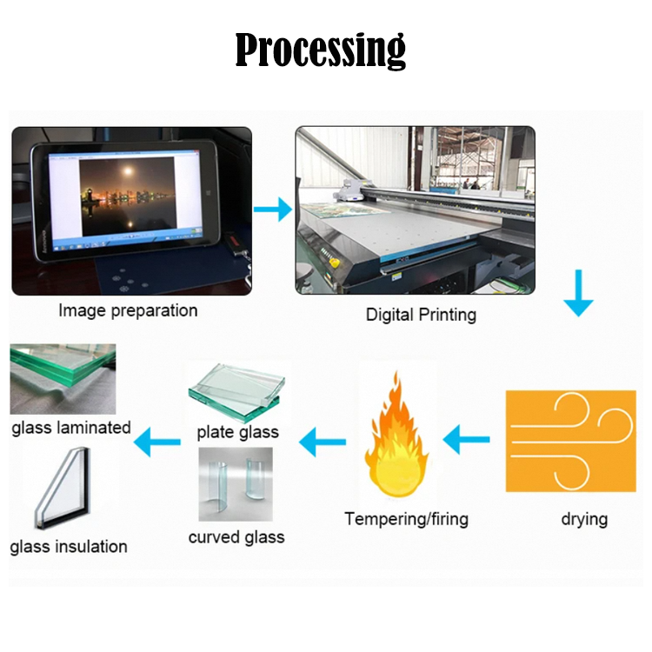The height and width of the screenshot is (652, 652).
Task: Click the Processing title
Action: click(321, 50)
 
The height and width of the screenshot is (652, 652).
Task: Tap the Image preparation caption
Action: click(128, 310)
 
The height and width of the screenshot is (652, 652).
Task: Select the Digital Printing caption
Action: click(421, 314)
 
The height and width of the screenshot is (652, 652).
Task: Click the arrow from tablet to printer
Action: click(273, 209)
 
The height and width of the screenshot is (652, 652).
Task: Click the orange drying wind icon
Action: click(570, 442)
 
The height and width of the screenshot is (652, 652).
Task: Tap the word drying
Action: click(583, 519)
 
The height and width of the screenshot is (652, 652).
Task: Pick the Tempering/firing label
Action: click(406, 519)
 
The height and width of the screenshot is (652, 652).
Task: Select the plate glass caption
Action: click(237, 432)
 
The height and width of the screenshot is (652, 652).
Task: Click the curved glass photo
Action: click(236, 484)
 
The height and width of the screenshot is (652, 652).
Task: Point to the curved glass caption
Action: click(236, 537)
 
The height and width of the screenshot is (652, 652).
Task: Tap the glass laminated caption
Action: click(71, 428)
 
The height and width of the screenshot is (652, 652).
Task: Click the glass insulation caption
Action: click(69, 547)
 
